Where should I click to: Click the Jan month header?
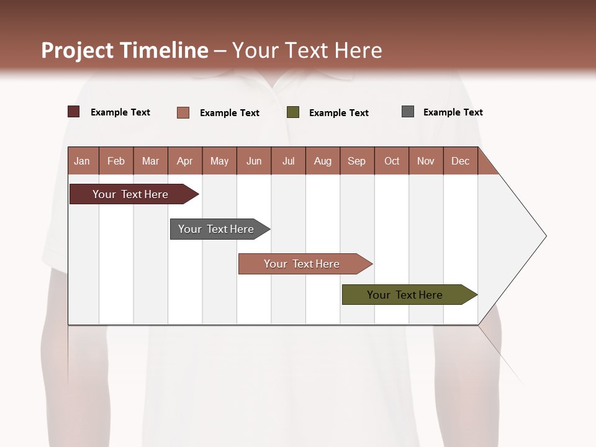[83, 161]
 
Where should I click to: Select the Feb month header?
[116, 161]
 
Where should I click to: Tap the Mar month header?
[150, 161]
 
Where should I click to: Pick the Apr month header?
[185, 161]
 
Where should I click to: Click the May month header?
[219, 161]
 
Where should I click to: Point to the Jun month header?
[254, 161]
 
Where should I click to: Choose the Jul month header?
[288, 161]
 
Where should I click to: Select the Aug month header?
[323, 161]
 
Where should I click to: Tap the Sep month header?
[357, 161]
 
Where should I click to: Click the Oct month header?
[392, 161]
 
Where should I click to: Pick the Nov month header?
[426, 161]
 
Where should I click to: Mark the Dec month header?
[461, 161]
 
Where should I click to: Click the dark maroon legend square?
[74, 112]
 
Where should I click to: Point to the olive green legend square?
[293, 112]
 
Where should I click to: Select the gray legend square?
[408, 112]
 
